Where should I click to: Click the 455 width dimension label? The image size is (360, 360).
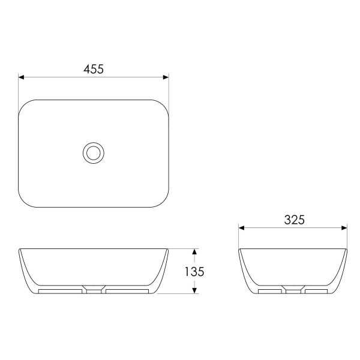pyautogui.click(x=94, y=69)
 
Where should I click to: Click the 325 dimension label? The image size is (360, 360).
pyautogui.click(x=295, y=220)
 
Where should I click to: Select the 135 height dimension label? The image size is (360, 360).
pyautogui.click(x=194, y=272)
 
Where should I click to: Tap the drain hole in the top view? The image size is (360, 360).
pyautogui.click(x=94, y=153)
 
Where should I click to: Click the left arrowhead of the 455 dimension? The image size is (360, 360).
pyautogui.click(x=21, y=77)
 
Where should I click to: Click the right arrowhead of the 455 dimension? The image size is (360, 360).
pyautogui.click(x=166, y=77)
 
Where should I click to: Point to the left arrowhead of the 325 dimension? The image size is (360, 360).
pyautogui.click(x=242, y=228)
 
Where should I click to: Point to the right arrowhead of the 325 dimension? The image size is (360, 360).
pyautogui.click(x=344, y=228)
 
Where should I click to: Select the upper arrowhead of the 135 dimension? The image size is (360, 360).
pyautogui.click(x=194, y=251)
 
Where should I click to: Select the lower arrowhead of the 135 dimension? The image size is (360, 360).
pyautogui.click(x=194, y=290)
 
